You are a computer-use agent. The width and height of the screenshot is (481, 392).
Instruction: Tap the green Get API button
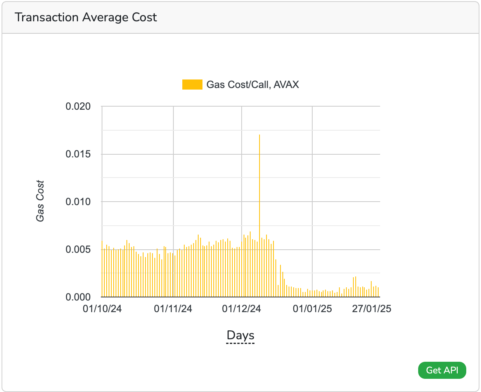[442, 370]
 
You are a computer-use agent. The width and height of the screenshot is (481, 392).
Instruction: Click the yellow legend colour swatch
[192, 85]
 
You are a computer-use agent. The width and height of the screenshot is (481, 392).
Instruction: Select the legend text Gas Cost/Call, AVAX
[253, 85]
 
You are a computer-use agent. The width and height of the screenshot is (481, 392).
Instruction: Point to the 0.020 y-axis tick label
[78, 107]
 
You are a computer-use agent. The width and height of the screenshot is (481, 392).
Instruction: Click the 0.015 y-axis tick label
[78, 154]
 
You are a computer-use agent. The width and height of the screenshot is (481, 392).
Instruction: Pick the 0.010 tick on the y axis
[78, 202]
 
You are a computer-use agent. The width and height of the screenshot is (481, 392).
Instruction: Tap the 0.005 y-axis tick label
[78, 249]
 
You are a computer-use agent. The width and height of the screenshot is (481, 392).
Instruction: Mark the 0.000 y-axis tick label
[78, 297]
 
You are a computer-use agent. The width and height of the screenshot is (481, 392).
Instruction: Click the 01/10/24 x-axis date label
[102, 309]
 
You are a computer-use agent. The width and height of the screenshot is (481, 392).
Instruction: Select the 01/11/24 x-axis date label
[173, 309]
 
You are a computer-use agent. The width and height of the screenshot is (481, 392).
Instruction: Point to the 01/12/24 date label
[241, 309]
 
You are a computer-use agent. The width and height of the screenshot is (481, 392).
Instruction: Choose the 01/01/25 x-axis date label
[312, 309]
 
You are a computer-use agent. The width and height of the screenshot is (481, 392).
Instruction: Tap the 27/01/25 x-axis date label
[372, 309]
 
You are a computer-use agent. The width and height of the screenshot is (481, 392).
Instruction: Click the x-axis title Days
[240, 335]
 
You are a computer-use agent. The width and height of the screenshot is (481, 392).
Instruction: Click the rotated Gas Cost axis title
[40, 201]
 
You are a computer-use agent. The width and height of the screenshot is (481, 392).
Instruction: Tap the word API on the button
[451, 370]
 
